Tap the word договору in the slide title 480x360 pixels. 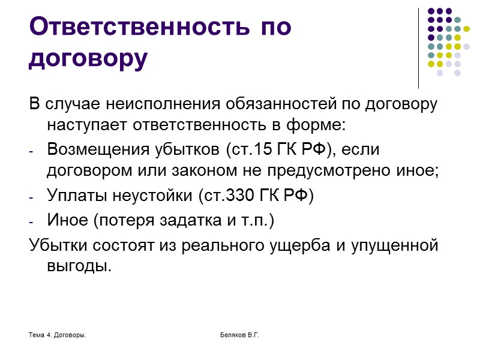pos(88,58)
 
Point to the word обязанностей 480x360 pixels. pos(266,104)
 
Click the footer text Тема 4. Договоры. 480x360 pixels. pos(57,334)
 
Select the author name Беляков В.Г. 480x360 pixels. pos(239,334)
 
